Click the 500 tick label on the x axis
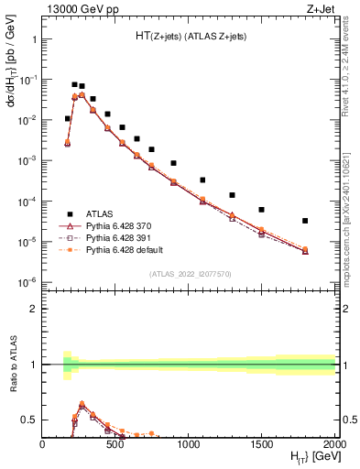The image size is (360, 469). point(115,444)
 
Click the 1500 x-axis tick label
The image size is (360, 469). point(262,444)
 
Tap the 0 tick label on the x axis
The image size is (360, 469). point(43,444)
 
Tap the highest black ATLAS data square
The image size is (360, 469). point(74,84)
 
